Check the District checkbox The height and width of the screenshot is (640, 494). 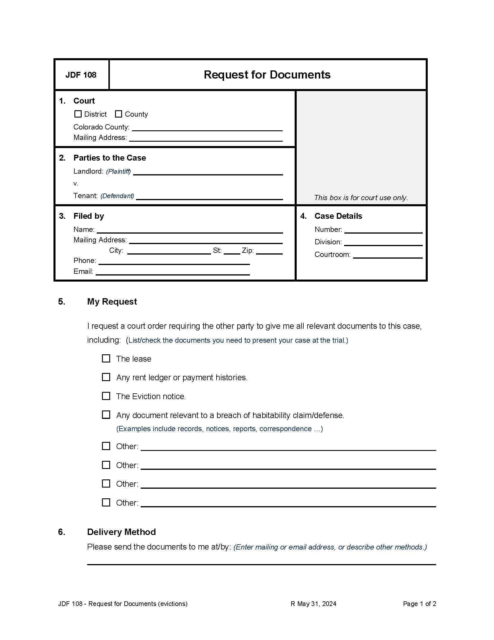[x=78, y=114]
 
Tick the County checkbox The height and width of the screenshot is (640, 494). [x=118, y=114]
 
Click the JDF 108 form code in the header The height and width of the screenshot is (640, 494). [x=81, y=75]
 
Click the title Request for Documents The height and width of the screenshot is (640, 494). [x=267, y=75]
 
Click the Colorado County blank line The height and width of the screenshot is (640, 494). [x=207, y=128]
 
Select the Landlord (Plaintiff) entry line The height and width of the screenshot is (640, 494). [x=208, y=172]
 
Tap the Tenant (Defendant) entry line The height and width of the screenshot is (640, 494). [x=209, y=197]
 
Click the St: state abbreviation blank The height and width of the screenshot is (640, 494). [x=232, y=251]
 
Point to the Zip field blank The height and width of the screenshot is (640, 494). [x=269, y=251]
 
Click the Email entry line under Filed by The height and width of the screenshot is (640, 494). [x=173, y=272]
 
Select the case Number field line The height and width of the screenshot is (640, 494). [x=383, y=230]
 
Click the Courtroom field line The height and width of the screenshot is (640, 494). [x=387, y=255]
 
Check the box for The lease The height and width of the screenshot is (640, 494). [x=106, y=358]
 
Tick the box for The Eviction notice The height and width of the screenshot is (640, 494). [x=106, y=396]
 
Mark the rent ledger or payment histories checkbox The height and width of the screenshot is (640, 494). [x=106, y=377]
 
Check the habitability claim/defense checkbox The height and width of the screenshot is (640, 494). [x=106, y=415]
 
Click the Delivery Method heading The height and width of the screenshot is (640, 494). [x=121, y=532]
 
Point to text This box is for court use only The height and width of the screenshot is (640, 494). [x=361, y=198]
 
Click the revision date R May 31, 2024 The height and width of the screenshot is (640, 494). [x=313, y=604]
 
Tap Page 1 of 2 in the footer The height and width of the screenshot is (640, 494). [x=419, y=604]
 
